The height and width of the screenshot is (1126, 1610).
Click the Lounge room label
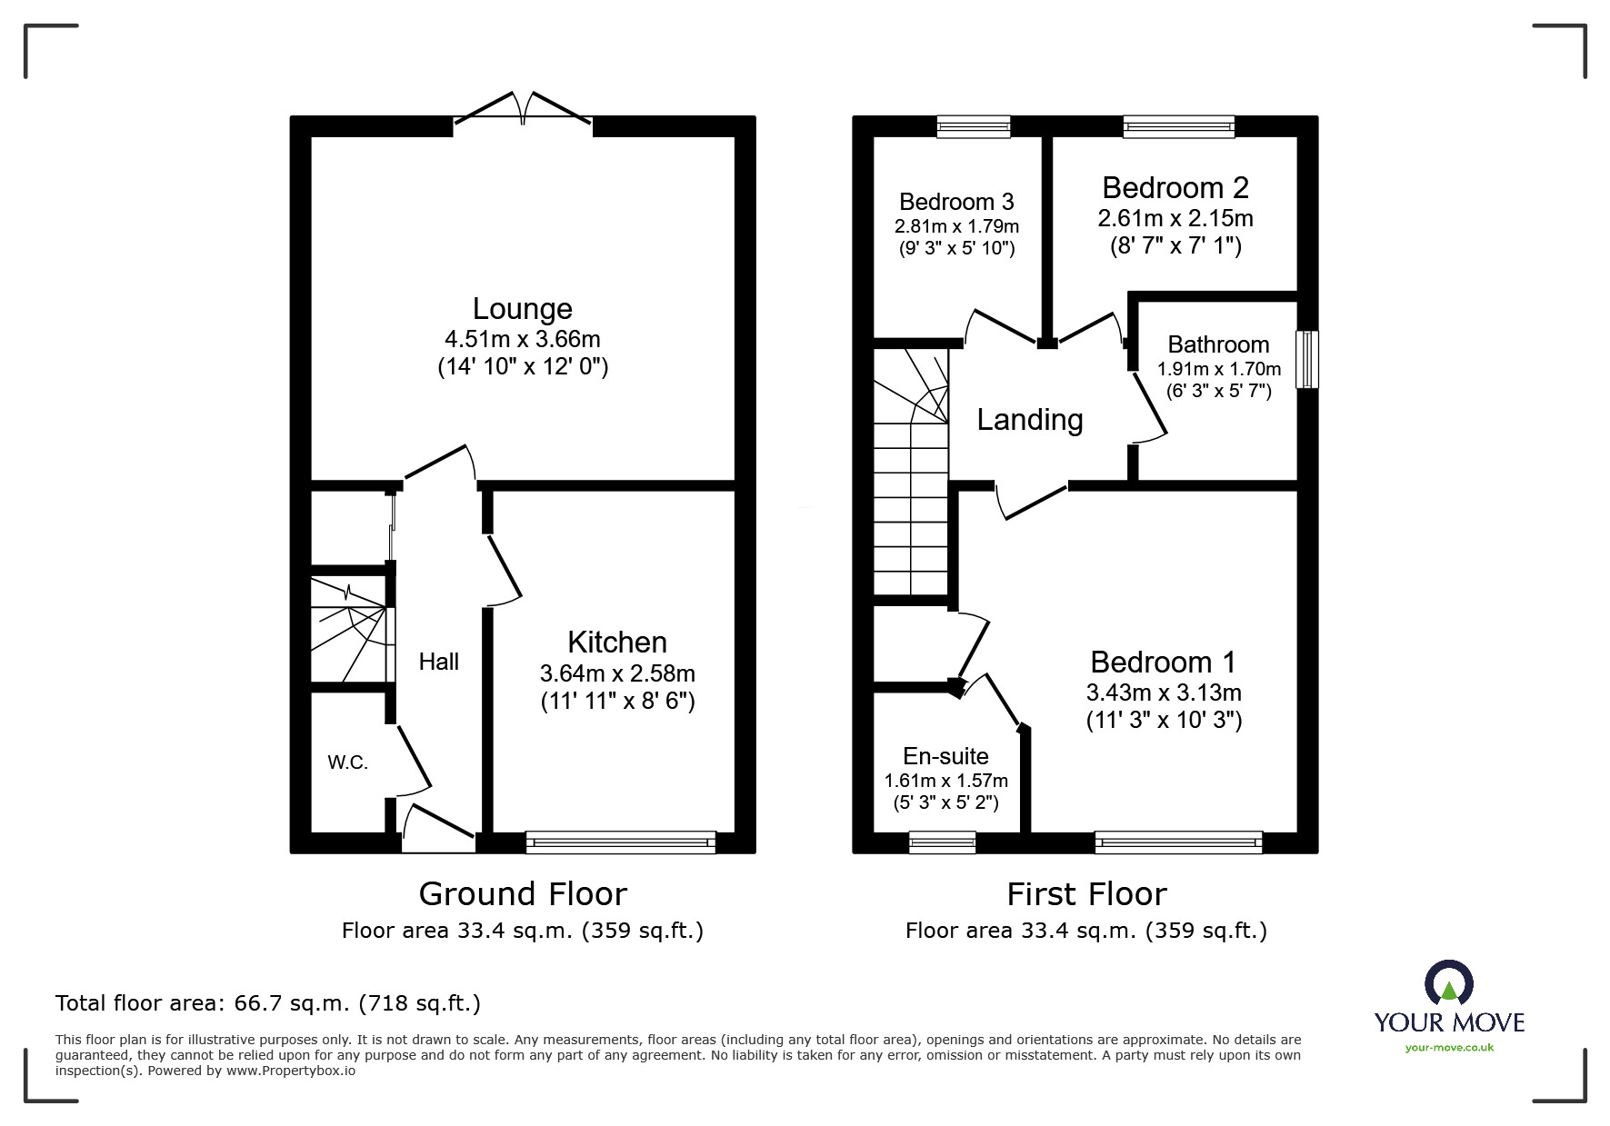[x=522, y=309]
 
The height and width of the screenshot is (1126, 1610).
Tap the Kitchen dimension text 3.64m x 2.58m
[x=617, y=673]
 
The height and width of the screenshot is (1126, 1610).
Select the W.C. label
[x=347, y=762]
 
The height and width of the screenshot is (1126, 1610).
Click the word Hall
[x=438, y=662]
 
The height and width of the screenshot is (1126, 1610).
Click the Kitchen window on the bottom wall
[x=620, y=842]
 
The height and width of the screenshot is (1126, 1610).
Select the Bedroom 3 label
[x=956, y=202]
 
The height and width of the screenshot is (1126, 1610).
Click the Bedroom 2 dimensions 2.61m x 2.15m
[x=1175, y=218]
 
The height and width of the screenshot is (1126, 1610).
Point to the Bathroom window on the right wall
[x=1306, y=359]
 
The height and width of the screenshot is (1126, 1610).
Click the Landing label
[x=1029, y=420]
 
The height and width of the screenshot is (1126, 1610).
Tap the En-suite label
[x=945, y=756]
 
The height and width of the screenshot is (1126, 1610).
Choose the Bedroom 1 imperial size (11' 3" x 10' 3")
[x=1164, y=720]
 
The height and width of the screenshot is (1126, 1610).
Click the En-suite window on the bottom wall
[x=942, y=842]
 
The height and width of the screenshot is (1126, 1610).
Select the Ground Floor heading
[x=522, y=894]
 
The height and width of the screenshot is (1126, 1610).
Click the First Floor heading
[x=1085, y=894]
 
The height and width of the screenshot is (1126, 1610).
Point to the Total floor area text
[x=268, y=1003]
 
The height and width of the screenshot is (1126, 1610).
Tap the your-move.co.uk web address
[x=1449, y=1048]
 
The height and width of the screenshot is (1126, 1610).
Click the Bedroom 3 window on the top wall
[x=973, y=126]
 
